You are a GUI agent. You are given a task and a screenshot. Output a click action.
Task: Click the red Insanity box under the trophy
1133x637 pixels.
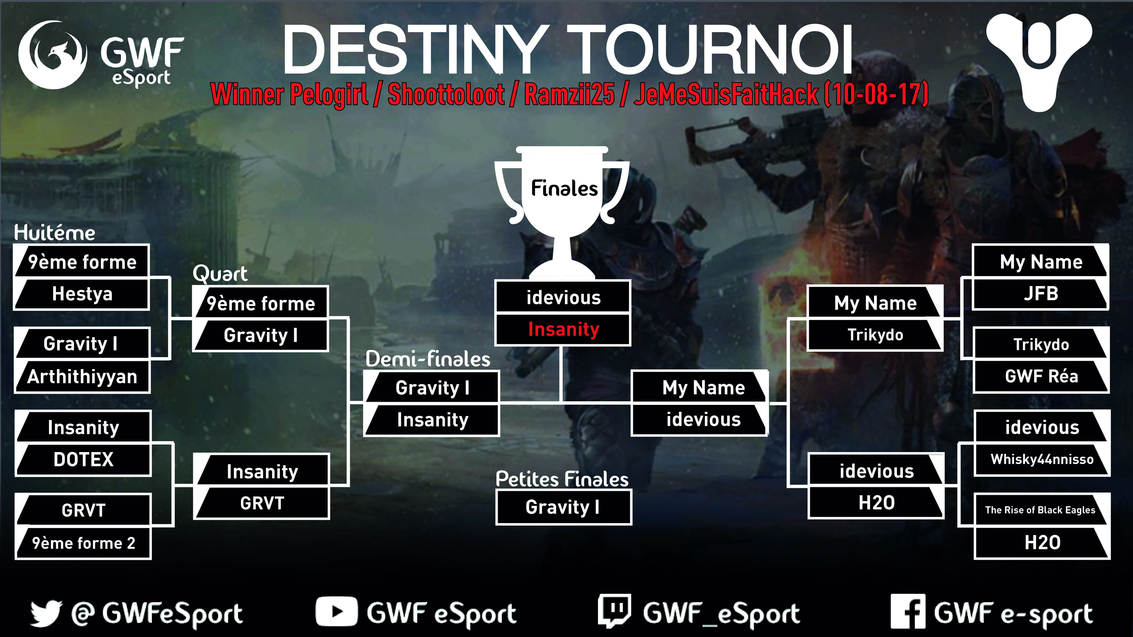click(563, 329)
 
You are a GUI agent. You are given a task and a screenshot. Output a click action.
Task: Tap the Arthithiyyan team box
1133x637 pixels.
click(82, 377)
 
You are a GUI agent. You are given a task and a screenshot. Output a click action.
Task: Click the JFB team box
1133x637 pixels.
click(1041, 293)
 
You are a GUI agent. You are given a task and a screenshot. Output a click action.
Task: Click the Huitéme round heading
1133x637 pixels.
click(55, 232)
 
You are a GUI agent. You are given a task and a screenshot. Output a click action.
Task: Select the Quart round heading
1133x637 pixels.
click(220, 274)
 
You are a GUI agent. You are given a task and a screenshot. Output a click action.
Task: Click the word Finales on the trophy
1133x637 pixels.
click(564, 188)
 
